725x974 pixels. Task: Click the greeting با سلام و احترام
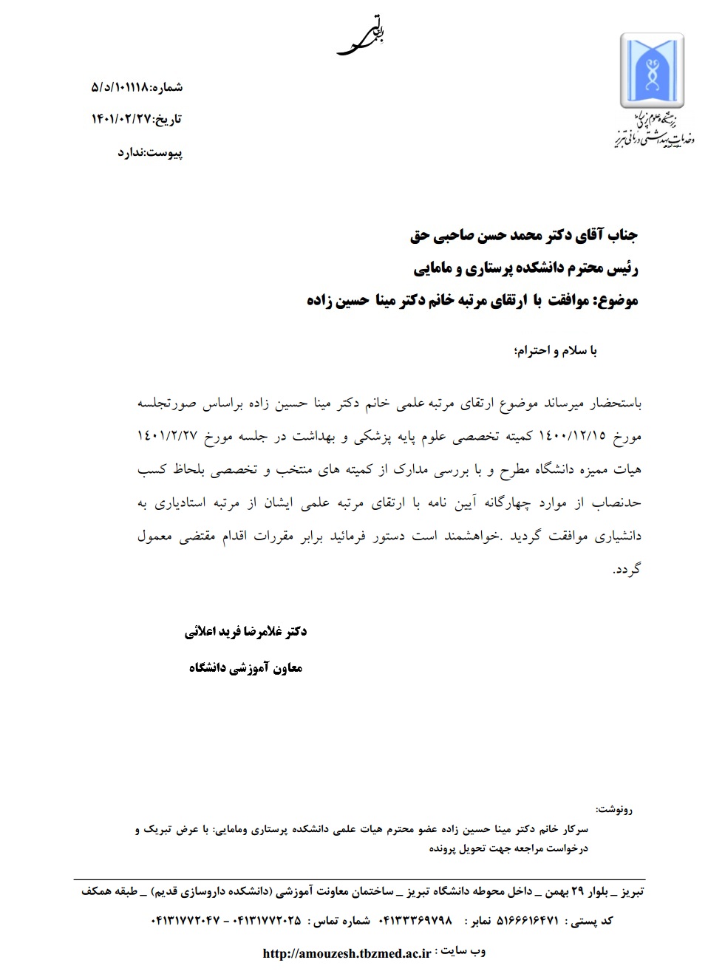pyautogui.click(x=555, y=350)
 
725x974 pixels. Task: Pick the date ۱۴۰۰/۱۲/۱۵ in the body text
pyautogui.click(x=572, y=436)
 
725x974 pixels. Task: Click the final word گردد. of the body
pyautogui.click(x=627, y=570)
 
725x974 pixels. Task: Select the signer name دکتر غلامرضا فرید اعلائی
pyautogui.click(x=245, y=632)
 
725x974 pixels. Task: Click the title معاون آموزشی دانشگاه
pyautogui.click(x=245, y=668)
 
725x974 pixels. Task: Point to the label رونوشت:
pyautogui.click(x=613, y=809)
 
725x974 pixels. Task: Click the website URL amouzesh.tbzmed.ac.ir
pyautogui.click(x=347, y=953)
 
